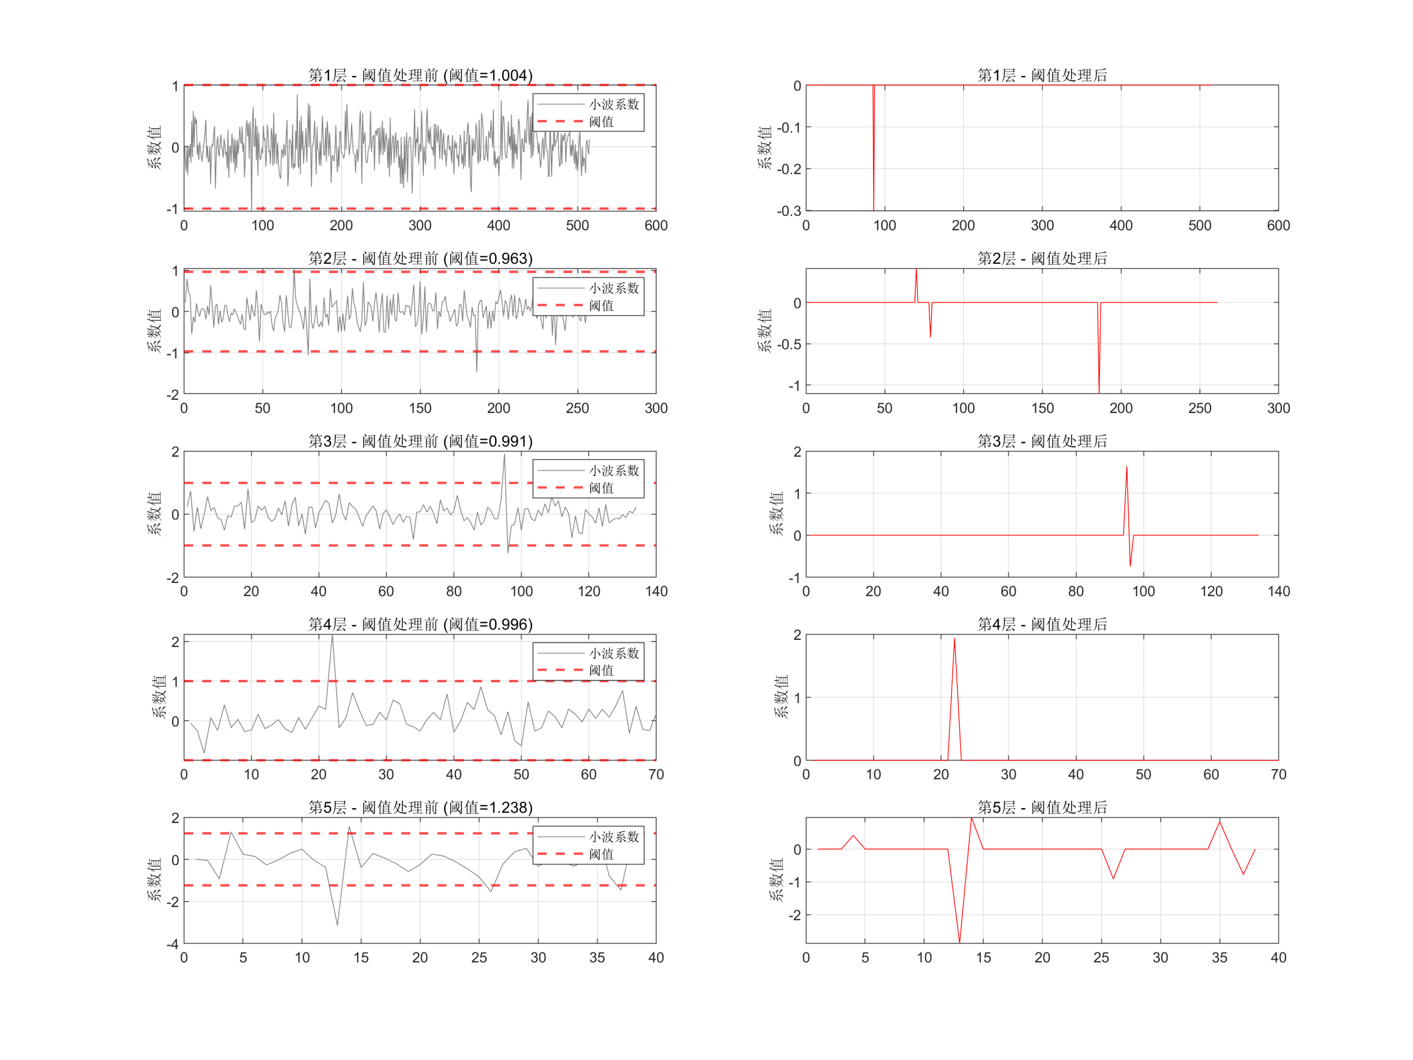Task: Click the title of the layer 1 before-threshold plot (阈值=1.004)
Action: tap(421, 76)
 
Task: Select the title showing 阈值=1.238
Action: tap(421, 808)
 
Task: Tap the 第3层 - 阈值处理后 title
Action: tap(1042, 442)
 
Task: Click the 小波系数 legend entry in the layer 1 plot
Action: tap(613, 104)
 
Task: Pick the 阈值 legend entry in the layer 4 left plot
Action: tap(601, 670)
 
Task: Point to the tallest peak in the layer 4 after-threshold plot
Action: tap(954, 639)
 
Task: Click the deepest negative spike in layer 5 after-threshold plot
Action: tap(959, 942)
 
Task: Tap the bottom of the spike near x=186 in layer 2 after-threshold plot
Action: tap(1099, 393)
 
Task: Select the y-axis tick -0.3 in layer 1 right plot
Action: tap(788, 211)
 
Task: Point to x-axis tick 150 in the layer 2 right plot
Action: tap(1042, 409)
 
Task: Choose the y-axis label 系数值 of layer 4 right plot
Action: tap(780, 697)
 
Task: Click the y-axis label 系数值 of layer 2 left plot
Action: tap(155, 331)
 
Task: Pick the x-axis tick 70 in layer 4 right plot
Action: tap(1278, 775)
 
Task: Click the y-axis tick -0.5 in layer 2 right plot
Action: tap(788, 344)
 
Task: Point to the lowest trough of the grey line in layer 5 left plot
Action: tap(337, 925)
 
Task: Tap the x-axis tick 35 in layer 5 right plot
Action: tap(1219, 958)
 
